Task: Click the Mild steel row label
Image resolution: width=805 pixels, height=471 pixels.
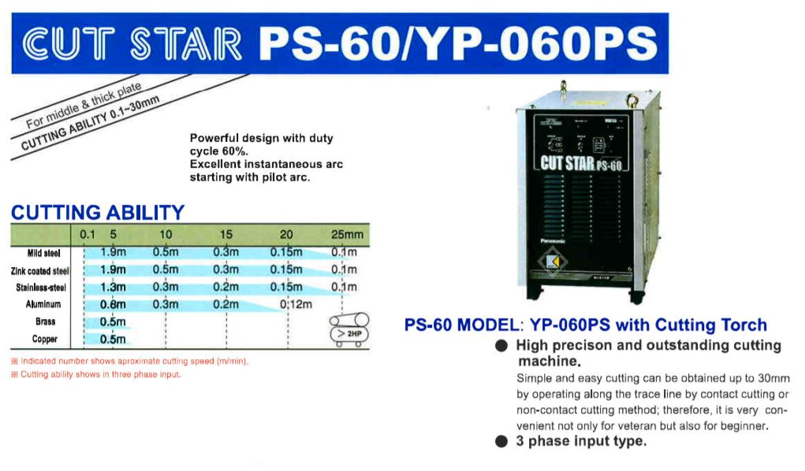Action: pyautogui.click(x=43, y=253)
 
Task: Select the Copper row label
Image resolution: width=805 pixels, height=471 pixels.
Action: pyautogui.click(x=45, y=339)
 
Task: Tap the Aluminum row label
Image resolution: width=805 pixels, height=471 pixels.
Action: pyautogui.click(x=43, y=304)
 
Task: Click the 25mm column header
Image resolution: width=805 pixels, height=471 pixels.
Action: pyautogui.click(x=347, y=235)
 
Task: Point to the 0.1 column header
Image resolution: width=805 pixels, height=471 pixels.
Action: pyautogui.click(x=88, y=235)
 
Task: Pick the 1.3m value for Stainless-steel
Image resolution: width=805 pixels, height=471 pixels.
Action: pyautogui.click(x=113, y=287)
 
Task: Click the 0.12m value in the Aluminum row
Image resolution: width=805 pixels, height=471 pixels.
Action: pyautogui.click(x=296, y=304)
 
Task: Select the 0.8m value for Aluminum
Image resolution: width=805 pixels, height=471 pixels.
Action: pyautogui.click(x=113, y=304)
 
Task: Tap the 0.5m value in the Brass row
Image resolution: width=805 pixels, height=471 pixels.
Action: pyautogui.click(x=113, y=321)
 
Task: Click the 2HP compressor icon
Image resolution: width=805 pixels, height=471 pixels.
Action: pyautogui.click(x=349, y=330)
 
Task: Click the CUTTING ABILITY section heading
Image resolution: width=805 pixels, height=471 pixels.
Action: pyautogui.click(x=98, y=213)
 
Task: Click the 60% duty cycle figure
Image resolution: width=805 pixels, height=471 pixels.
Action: pyautogui.click(x=235, y=151)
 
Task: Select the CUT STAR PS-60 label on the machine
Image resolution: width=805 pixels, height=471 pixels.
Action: pyautogui.click(x=580, y=163)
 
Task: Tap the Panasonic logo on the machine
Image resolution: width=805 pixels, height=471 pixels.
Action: pyautogui.click(x=553, y=241)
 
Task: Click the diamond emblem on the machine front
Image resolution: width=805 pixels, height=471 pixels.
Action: pyautogui.click(x=553, y=262)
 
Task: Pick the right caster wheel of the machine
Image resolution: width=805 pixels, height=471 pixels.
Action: pyautogui.click(x=636, y=296)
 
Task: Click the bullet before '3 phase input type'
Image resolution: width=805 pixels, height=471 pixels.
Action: pyautogui.click(x=501, y=441)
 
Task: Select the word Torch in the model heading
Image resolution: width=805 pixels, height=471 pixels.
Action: pyautogui.click(x=744, y=325)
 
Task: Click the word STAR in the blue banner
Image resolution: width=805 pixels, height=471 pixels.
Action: pyautogui.click(x=185, y=44)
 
